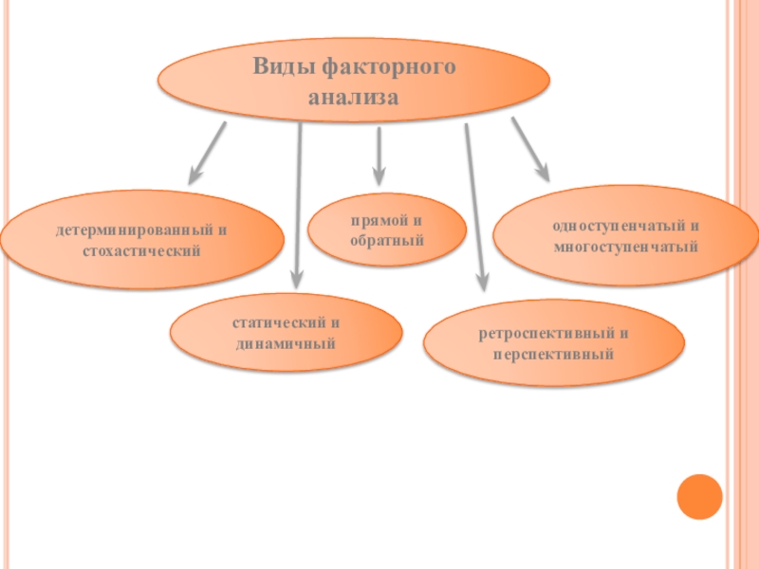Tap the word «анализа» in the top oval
(353, 98)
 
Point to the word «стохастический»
(141, 251)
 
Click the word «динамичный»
(287, 341)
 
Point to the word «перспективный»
(553, 354)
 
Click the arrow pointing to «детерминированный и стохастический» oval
(207, 152)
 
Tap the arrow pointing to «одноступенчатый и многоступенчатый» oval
(530, 149)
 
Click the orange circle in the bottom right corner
(700, 496)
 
